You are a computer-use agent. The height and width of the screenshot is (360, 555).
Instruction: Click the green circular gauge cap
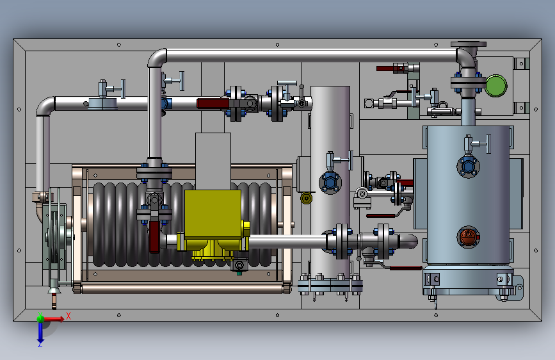pyautogui.click(x=496, y=85)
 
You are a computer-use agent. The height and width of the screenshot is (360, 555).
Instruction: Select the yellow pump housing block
pyautogui.click(x=213, y=214)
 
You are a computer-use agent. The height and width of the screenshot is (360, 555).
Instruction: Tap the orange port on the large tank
pyautogui.click(x=469, y=237)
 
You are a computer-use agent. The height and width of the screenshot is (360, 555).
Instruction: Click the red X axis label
pyautogui.click(x=68, y=316)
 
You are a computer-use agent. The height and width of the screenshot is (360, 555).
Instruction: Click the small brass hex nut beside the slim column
pyautogui.click(x=306, y=198)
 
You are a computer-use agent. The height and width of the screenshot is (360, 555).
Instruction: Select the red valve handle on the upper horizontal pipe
pyautogui.click(x=213, y=104)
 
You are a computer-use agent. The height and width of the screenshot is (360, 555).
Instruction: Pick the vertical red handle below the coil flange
pyautogui.click(x=154, y=237)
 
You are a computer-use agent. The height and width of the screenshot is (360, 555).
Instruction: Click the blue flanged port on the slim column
pyautogui.click(x=330, y=183)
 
